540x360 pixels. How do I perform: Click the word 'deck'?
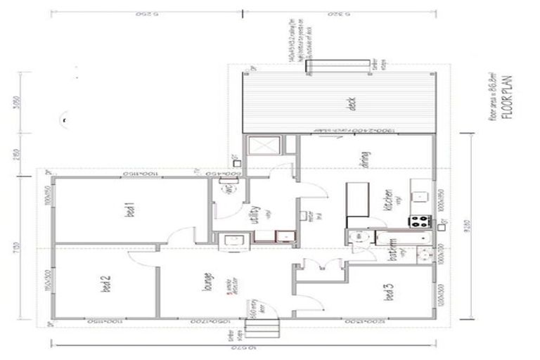pos(352,104)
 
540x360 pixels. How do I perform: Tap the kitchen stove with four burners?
pos(420,221)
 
